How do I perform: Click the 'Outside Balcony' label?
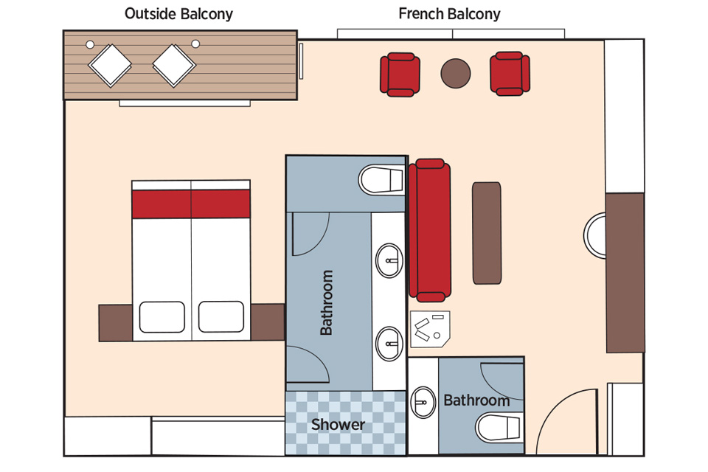pos(178,14)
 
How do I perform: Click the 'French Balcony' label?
pos(449,14)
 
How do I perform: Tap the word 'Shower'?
pos(338,425)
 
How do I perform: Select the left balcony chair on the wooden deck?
pos(110,65)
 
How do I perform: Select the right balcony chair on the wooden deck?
pos(174,65)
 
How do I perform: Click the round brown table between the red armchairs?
pos(456,73)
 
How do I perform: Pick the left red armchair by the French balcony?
pos(400,74)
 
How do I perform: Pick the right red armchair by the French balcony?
pos(510,74)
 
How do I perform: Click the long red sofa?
pos(429,230)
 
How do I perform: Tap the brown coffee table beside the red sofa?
pos(487,233)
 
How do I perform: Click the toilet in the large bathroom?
pos(381,180)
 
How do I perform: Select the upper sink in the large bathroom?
pos(389,260)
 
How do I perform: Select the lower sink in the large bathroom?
pos(389,344)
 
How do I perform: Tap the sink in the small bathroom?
pos(423,402)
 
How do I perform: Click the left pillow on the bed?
pos(162,317)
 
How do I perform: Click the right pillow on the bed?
pos(221,316)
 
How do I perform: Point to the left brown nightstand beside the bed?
pos(116,322)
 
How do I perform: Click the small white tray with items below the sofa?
pos(430,329)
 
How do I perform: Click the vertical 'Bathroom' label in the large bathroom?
pos(326,302)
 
